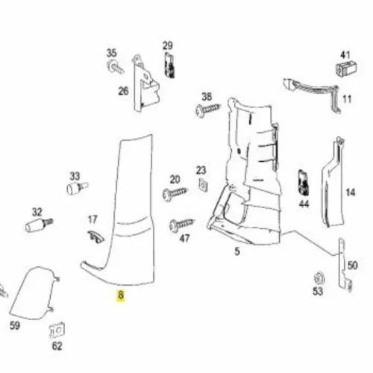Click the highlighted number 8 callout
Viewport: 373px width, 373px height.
point(121,296)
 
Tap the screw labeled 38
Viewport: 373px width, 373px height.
point(208,110)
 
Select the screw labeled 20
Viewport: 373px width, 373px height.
point(175,193)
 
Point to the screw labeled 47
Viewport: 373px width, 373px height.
point(182,225)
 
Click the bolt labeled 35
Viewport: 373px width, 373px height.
point(115,66)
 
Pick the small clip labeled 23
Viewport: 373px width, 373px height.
point(203,185)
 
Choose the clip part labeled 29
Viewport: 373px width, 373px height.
point(169,65)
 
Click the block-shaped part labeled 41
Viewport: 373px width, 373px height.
point(346,68)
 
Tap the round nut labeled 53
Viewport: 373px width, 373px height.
point(319,279)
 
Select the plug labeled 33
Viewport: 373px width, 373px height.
point(77,188)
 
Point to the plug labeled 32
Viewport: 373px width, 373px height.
point(39,225)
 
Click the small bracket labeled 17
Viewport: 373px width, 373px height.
point(95,236)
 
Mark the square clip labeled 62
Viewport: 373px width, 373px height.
point(57,330)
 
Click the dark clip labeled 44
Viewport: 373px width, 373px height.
point(304,183)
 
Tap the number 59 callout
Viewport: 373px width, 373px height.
point(15,325)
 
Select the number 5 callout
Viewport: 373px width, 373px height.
point(237,251)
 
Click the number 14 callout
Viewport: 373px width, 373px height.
point(351,192)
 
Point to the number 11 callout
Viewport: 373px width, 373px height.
point(347,99)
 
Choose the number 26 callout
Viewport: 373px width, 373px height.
point(123,91)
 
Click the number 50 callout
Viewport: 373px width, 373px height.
point(352,266)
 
